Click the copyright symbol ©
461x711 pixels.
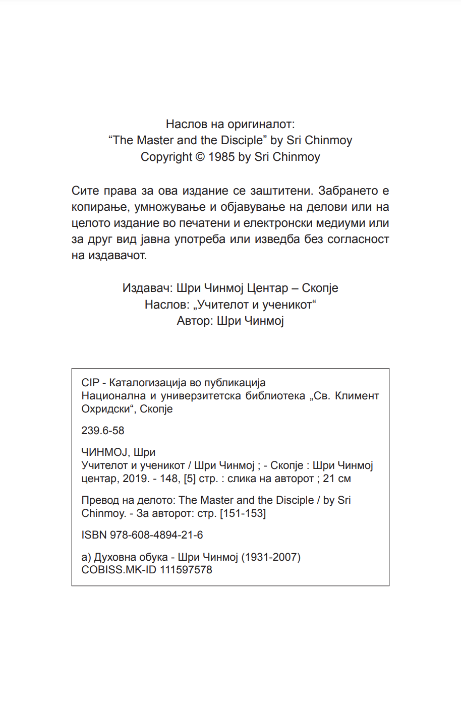(x=200, y=157)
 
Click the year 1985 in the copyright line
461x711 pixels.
(x=221, y=157)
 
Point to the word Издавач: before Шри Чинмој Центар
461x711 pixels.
(x=147, y=288)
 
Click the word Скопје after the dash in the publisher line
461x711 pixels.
(x=320, y=288)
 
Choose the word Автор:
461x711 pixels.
(x=195, y=321)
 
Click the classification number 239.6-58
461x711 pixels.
(x=103, y=431)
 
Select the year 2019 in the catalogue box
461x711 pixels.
(x=135, y=479)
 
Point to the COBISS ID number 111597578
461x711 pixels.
(x=186, y=570)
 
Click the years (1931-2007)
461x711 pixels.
(x=271, y=557)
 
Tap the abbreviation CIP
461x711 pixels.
(x=90, y=383)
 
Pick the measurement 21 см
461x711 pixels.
(x=337, y=479)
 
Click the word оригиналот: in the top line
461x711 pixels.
(x=261, y=124)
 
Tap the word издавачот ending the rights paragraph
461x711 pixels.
(x=117, y=256)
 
